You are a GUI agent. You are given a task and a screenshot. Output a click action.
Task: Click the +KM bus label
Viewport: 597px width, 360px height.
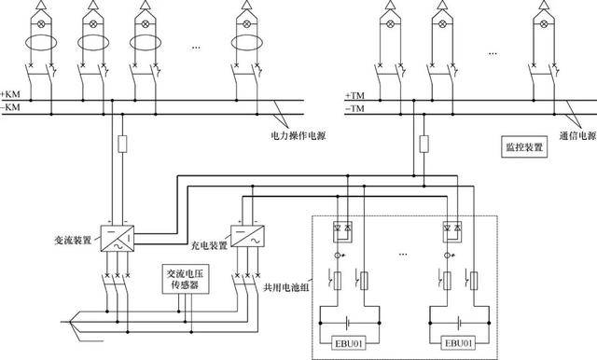[x=10, y=94]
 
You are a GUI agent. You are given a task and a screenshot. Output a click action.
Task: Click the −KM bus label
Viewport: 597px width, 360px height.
[x=10, y=107]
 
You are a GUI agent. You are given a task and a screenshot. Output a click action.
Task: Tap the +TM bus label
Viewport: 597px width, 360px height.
[x=354, y=95]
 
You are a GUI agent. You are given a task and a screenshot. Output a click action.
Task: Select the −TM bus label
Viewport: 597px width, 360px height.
[x=354, y=109]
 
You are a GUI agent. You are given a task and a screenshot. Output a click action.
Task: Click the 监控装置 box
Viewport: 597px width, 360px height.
[x=524, y=147]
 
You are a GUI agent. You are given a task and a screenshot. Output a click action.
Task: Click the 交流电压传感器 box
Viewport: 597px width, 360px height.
[x=186, y=279]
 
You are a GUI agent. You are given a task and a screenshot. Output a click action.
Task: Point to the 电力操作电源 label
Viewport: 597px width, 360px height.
[x=298, y=135]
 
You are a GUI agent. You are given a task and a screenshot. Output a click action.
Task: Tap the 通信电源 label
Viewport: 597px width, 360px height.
[x=577, y=136]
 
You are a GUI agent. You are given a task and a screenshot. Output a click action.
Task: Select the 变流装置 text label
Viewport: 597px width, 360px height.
[x=73, y=241]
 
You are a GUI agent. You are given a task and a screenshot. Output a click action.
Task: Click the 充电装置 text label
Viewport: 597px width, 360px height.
[x=209, y=245]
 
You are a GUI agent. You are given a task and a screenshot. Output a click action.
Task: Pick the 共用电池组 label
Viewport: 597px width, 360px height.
[x=286, y=287]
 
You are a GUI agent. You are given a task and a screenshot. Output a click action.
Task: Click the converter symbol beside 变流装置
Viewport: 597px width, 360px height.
[x=118, y=238]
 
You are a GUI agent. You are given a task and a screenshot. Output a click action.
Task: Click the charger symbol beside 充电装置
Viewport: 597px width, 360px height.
[x=248, y=236]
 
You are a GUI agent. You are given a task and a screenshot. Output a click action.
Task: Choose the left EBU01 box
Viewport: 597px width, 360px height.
[x=348, y=343]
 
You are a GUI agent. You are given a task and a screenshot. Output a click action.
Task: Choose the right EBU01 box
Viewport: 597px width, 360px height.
[x=458, y=343]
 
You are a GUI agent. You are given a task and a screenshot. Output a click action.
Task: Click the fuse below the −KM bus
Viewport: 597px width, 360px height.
[x=122, y=144]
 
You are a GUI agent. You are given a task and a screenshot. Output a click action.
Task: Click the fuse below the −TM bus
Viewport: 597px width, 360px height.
[x=423, y=144]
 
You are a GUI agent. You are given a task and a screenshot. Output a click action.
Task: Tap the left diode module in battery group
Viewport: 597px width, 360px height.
[x=342, y=231]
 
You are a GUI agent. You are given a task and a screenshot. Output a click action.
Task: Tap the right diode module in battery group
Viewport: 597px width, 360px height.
[x=452, y=231]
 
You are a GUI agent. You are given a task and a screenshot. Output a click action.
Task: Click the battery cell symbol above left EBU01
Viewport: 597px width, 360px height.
[x=347, y=324]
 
